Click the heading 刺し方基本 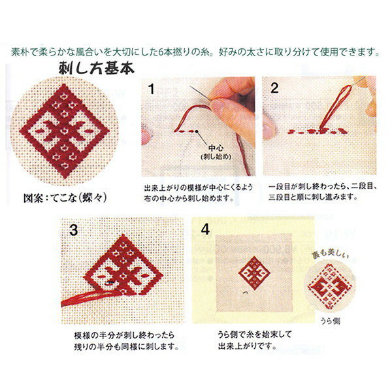click(x=97, y=68)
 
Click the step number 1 click(x=152, y=89)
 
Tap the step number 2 click(x=274, y=88)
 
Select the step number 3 click(x=73, y=230)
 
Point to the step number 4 click(x=205, y=229)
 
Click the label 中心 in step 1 click(x=216, y=148)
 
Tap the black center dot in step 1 click(x=197, y=131)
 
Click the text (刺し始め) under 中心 click(x=216, y=157)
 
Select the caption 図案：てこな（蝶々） click(x=65, y=198)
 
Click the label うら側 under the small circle click(x=330, y=321)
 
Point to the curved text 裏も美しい click(x=330, y=254)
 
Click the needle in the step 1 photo click(x=200, y=93)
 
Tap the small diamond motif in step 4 click(x=254, y=272)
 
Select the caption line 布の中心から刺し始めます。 click(x=189, y=199)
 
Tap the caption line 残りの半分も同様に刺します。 click(x=127, y=347)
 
